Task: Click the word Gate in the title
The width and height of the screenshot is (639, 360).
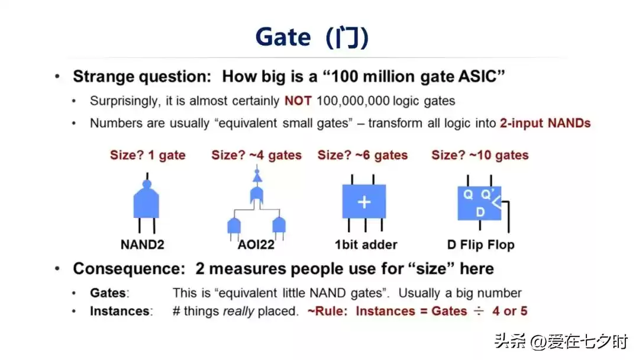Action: pyautogui.click(x=283, y=37)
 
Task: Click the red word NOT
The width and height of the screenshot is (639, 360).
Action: pyautogui.click(x=298, y=101)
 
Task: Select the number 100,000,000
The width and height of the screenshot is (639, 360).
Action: pyautogui.click(x=353, y=101)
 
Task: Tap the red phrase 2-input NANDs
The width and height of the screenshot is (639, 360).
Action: pyautogui.click(x=546, y=123)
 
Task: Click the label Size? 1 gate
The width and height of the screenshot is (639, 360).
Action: pyautogui.click(x=147, y=155)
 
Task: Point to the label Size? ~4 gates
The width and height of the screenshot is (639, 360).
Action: pyautogui.click(x=256, y=155)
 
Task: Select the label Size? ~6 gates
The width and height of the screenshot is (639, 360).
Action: pyautogui.click(x=362, y=155)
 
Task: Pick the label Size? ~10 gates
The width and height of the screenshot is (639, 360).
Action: pyautogui.click(x=480, y=155)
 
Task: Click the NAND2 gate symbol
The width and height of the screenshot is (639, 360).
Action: pyautogui.click(x=146, y=202)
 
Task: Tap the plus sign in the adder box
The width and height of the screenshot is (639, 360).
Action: pyautogui.click(x=364, y=202)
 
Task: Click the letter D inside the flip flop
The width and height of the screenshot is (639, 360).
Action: pyautogui.click(x=480, y=212)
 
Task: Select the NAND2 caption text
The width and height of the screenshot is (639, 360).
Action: pyautogui.click(x=142, y=245)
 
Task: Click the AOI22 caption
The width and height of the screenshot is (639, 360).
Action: pyautogui.click(x=256, y=245)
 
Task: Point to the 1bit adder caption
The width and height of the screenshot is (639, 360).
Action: pyautogui.click(x=366, y=245)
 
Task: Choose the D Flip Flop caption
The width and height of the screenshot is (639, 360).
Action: pyautogui.click(x=480, y=245)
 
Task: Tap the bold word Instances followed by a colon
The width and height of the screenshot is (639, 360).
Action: pyautogui.click(x=121, y=311)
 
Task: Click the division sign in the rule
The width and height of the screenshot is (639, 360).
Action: pyautogui.click(x=479, y=311)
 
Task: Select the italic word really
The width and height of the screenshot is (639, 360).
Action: pyautogui.click(x=238, y=311)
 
